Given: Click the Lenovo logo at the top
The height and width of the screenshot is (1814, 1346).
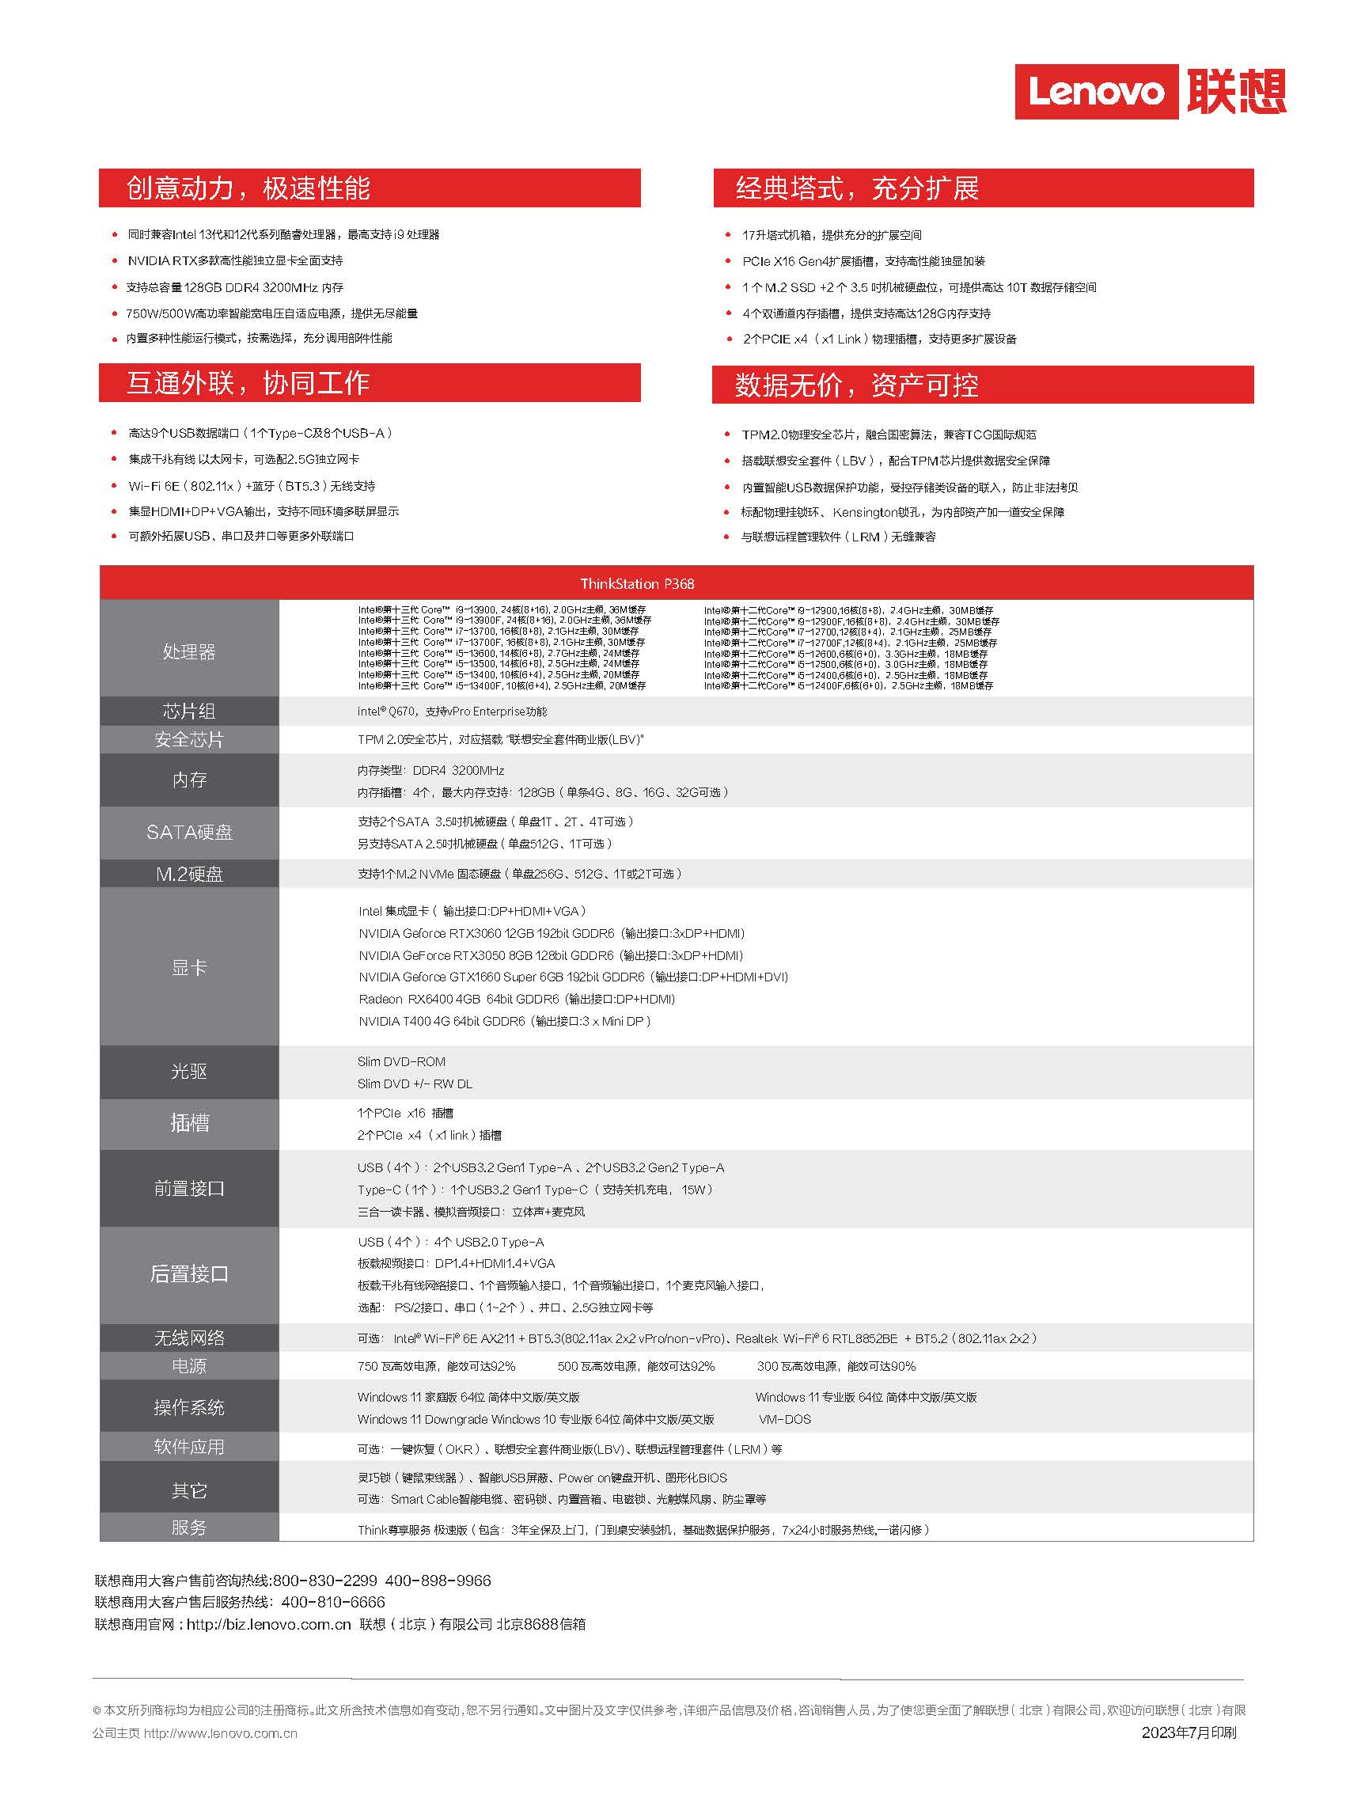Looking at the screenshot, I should tap(1149, 91).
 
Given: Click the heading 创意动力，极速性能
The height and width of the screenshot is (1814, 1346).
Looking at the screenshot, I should tap(248, 188).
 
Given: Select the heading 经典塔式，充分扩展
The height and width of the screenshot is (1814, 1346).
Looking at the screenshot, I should tap(857, 188).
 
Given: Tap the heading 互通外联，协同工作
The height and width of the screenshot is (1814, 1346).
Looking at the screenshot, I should tap(248, 383).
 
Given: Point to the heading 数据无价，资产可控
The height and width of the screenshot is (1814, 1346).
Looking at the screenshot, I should tap(856, 385).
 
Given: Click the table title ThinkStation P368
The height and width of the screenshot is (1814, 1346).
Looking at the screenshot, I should tap(637, 583).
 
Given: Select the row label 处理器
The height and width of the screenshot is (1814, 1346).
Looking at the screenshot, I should tap(189, 652).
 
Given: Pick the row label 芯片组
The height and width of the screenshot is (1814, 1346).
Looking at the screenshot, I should tap(189, 712).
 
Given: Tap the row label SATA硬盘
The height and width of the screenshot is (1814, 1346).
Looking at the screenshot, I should tap(189, 832).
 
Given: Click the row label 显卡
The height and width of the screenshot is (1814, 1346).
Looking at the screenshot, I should tap(189, 967).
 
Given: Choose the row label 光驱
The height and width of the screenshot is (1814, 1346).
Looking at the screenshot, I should tap(189, 1072).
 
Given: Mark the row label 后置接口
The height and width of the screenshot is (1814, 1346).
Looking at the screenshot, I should tap(189, 1273).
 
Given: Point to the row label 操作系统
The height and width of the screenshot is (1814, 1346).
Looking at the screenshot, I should tap(189, 1407).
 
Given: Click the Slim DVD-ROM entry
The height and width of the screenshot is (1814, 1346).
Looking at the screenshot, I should tap(402, 1062).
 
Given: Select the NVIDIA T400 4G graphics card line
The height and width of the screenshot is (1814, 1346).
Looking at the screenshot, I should tap(504, 1021).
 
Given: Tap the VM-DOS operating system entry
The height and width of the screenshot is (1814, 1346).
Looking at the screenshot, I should tap(785, 1419).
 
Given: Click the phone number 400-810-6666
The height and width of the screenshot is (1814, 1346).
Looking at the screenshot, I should tap(332, 1602).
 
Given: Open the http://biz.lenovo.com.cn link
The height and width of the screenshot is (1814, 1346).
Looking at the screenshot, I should tap(269, 1624).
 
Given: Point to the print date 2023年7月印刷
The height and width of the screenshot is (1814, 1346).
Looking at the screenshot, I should tap(1189, 1732).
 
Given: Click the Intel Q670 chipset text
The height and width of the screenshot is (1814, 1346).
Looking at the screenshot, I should tap(452, 712).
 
